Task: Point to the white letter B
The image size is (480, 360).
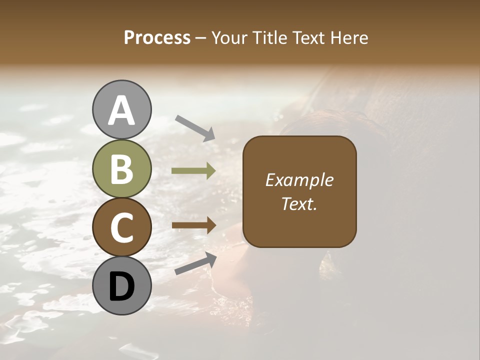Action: (122, 169)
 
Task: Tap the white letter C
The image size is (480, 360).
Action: (122, 227)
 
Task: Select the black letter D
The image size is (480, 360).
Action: (122, 286)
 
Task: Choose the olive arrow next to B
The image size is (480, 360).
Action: (193, 171)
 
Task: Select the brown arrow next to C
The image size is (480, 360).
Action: (193, 225)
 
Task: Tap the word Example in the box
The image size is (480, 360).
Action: (299, 180)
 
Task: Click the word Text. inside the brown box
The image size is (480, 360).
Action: (299, 203)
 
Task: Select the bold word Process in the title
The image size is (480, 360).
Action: (157, 37)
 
